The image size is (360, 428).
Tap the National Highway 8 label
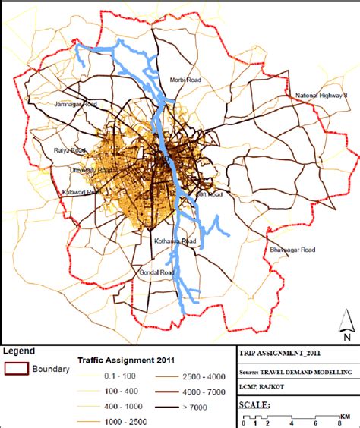point(321,95)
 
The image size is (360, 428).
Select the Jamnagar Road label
point(75,104)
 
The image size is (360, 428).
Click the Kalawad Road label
point(81,193)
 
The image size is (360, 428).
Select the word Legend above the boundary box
point(19,351)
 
